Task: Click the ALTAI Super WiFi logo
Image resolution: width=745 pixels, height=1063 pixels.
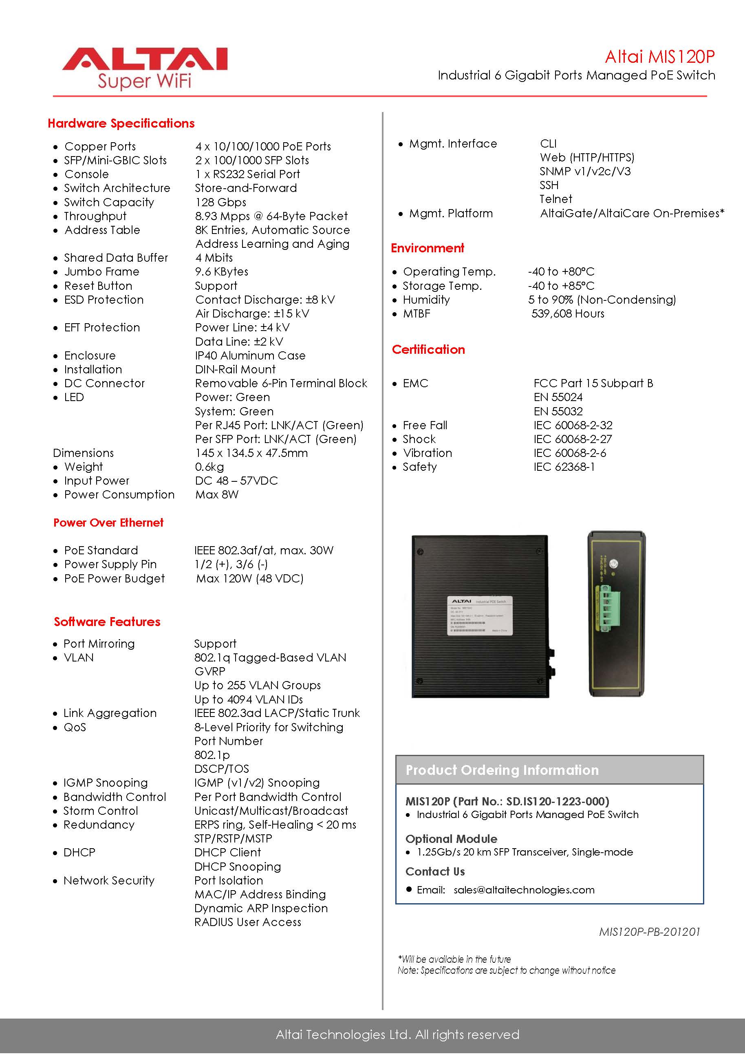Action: click(144, 68)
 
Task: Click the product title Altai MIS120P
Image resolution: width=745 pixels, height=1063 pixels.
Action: click(659, 57)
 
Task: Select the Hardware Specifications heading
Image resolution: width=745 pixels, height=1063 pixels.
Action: click(121, 123)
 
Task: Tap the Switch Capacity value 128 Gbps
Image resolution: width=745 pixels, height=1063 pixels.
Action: click(220, 202)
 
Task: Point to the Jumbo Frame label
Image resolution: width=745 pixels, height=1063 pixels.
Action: click(101, 272)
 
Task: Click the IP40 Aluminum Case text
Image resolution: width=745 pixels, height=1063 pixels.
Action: click(250, 355)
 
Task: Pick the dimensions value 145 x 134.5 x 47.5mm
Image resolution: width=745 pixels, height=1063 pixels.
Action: click(251, 453)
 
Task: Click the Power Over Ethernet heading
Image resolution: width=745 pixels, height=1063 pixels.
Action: click(108, 523)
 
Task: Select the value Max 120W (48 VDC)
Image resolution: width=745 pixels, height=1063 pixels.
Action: click(249, 578)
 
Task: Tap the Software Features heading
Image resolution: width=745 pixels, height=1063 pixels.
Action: click(107, 622)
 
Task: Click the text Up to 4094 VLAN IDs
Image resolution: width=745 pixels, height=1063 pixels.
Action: click(248, 699)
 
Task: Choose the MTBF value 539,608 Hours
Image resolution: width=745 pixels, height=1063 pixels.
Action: click(568, 314)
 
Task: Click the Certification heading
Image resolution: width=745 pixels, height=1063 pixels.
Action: click(428, 350)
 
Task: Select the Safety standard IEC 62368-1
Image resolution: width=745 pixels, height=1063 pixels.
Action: click(564, 467)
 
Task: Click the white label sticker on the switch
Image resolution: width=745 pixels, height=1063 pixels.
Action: click(480, 615)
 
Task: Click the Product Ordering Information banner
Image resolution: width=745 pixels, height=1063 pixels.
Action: click(549, 770)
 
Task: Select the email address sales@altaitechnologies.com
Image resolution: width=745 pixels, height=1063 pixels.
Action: click(524, 890)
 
